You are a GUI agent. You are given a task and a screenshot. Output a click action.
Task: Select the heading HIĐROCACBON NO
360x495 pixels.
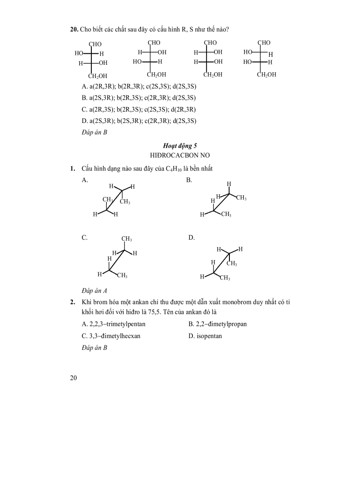(x=180, y=155)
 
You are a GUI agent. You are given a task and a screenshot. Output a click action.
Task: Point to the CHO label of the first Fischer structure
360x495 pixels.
(x=95, y=44)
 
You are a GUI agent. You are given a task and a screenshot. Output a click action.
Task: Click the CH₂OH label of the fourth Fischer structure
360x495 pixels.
(x=266, y=74)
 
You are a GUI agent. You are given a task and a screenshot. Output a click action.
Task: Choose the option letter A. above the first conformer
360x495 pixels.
(x=85, y=180)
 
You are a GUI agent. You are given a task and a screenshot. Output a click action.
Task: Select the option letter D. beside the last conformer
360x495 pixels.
(x=191, y=238)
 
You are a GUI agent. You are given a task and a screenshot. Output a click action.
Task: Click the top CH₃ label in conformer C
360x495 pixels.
(x=127, y=239)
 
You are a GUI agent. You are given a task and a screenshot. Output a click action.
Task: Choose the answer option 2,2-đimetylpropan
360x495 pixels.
(x=217, y=324)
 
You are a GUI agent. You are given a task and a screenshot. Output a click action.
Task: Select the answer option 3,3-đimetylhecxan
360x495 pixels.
(x=111, y=336)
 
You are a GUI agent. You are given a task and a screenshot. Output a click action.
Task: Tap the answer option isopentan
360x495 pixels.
(x=205, y=336)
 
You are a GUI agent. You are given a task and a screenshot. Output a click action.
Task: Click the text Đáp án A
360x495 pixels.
(x=94, y=290)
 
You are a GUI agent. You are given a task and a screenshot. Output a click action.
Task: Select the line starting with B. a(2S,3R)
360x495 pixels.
(x=139, y=98)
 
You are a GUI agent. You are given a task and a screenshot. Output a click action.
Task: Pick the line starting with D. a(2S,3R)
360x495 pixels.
(x=139, y=121)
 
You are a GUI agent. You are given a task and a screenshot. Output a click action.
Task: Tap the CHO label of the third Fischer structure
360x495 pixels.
(x=210, y=43)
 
